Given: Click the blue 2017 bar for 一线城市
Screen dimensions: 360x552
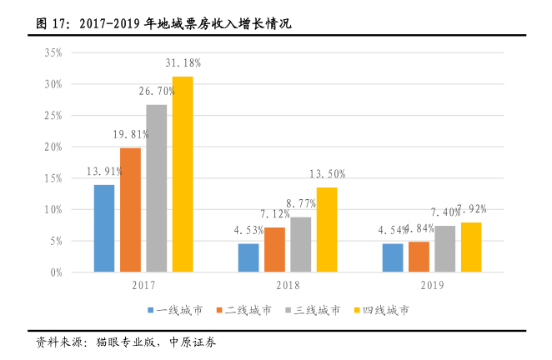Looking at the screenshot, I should point(104,228).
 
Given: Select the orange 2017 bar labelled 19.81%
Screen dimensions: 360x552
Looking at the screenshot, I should point(130,210).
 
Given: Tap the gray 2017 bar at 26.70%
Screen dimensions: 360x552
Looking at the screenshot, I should point(156,188).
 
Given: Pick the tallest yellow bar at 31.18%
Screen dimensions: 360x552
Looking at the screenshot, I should point(182,174).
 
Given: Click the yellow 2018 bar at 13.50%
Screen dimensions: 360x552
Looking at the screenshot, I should point(326,230).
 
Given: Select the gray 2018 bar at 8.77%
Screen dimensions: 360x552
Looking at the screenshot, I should point(300,245).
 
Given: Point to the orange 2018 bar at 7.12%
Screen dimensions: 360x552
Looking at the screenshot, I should point(274,250).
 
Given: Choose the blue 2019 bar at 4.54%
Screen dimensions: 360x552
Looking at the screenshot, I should point(393,258).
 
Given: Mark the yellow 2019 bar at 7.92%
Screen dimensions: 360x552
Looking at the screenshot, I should point(471,247).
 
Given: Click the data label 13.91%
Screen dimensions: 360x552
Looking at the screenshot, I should point(104,172).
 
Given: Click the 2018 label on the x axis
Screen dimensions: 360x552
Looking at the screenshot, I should point(288,285).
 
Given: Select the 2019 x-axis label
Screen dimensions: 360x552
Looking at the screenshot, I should point(432,285).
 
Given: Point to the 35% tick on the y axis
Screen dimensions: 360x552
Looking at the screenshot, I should point(53,52).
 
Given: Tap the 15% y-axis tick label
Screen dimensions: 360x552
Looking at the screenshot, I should point(53,178).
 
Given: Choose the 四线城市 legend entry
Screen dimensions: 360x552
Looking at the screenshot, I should point(384,310).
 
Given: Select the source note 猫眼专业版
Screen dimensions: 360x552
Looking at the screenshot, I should point(125,342).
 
